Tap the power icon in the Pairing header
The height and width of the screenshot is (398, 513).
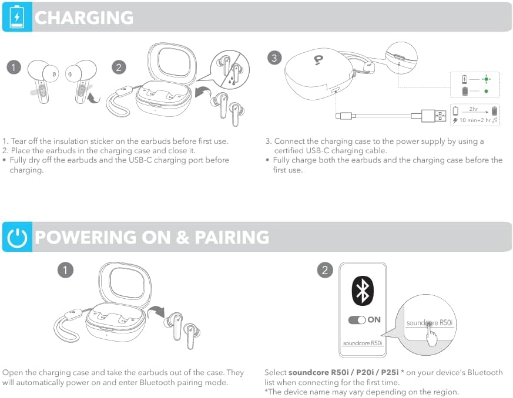(x=17, y=237)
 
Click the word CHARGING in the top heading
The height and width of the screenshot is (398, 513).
(x=84, y=18)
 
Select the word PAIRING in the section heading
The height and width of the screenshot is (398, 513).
(x=232, y=237)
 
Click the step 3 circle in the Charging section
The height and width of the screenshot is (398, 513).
(x=274, y=58)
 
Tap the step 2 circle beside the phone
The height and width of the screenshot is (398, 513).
(x=324, y=270)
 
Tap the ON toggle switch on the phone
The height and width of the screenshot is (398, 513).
(x=357, y=320)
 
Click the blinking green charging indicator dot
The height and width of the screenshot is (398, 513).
(x=486, y=79)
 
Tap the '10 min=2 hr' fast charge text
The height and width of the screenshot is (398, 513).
(x=475, y=120)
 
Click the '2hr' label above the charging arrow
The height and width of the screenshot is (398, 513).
(x=474, y=109)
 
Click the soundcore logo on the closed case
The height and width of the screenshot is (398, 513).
(x=318, y=60)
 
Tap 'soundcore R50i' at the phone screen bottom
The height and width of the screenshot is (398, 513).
(x=362, y=343)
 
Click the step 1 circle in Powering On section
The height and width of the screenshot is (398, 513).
(x=65, y=270)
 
